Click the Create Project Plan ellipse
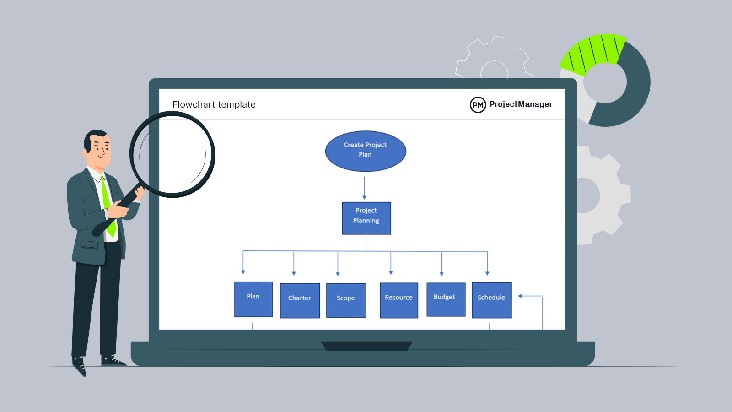pos(366,151)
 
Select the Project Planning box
pos(366,218)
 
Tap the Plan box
pos(253,299)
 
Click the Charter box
pos(300,300)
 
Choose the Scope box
pos(346,300)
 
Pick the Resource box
pos(399,300)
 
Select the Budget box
pos(446,299)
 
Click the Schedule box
pos(491,300)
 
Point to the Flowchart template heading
pos(214,104)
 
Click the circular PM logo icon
pos(478,105)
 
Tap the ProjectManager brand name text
pos(521,104)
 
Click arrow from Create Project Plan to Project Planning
pos(364,188)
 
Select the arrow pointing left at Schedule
pos(522,296)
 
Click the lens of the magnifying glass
pos(172,154)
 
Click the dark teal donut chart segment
pos(634,92)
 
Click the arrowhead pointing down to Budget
pos(441,273)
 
